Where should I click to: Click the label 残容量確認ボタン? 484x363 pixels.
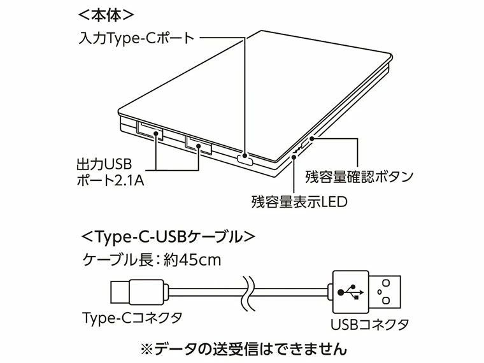[x=360, y=175]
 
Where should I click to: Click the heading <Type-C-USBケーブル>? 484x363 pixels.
[x=169, y=236]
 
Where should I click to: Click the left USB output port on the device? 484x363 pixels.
[x=149, y=132]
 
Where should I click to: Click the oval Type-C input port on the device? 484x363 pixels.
[x=245, y=159]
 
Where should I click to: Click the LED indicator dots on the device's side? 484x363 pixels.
[x=296, y=151]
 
